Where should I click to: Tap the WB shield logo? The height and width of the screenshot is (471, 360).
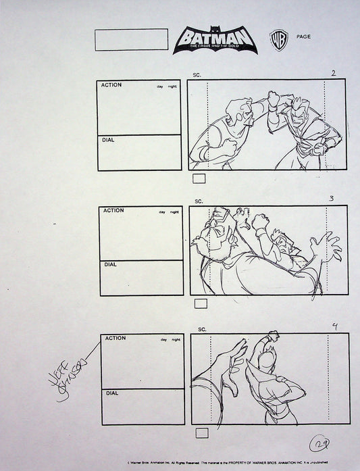pyautogui.click(x=276, y=38)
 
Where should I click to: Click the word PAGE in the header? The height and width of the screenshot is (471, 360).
pyautogui.click(x=303, y=36)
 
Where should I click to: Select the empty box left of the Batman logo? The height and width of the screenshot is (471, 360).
pyautogui.click(x=131, y=39)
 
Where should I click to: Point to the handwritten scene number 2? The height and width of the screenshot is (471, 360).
pyautogui.click(x=334, y=73)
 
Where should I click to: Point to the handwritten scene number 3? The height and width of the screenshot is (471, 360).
pyautogui.click(x=331, y=199)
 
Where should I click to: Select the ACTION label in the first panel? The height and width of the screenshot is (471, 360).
pyautogui.click(x=112, y=86)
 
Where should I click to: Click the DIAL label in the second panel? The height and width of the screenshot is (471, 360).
pyautogui.click(x=110, y=265)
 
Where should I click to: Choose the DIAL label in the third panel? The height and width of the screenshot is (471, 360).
pyautogui.click(x=111, y=393)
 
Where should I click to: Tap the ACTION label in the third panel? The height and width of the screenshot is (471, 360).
pyautogui.click(x=115, y=339)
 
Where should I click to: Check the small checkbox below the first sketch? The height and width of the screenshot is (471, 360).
pyautogui.click(x=199, y=178)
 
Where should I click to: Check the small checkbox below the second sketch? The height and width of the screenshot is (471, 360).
pyautogui.click(x=200, y=303)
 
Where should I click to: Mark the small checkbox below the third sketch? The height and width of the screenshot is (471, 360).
pyautogui.click(x=201, y=432)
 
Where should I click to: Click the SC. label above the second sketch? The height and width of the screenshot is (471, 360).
pyautogui.click(x=199, y=201)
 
